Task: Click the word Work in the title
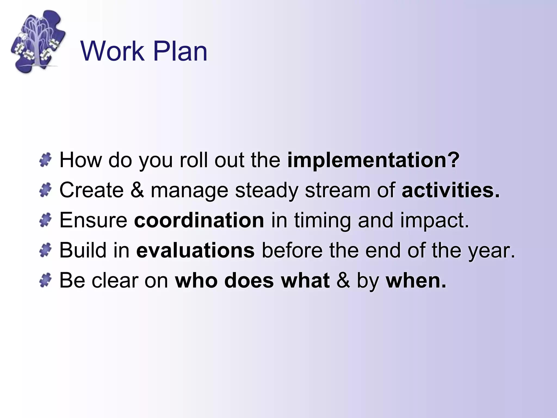(x=112, y=51)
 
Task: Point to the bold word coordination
(x=199, y=220)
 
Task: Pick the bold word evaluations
(x=195, y=250)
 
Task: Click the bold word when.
(x=416, y=280)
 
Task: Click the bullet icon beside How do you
(x=45, y=160)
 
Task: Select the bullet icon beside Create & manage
(x=45, y=190)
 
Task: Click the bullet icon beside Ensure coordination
(x=45, y=220)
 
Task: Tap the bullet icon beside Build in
(x=45, y=250)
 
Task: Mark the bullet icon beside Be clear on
(x=45, y=280)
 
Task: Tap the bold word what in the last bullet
(x=305, y=280)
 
